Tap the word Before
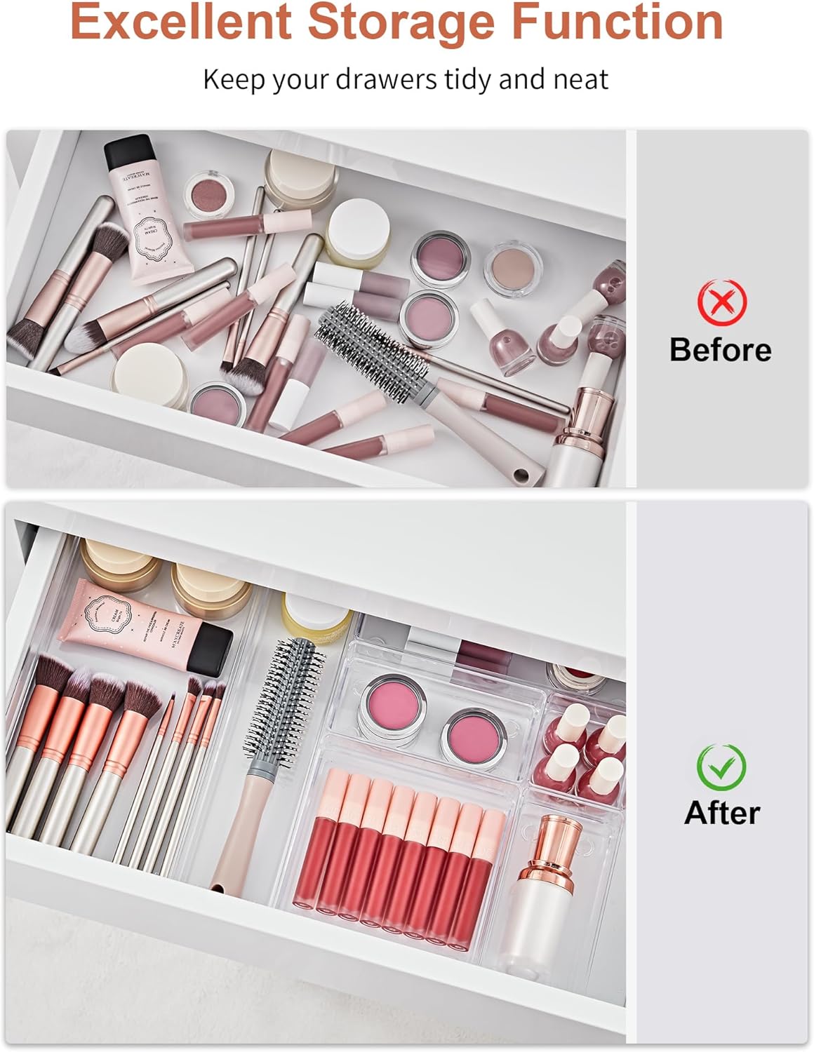pos(720,349)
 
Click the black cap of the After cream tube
pos(211,645)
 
